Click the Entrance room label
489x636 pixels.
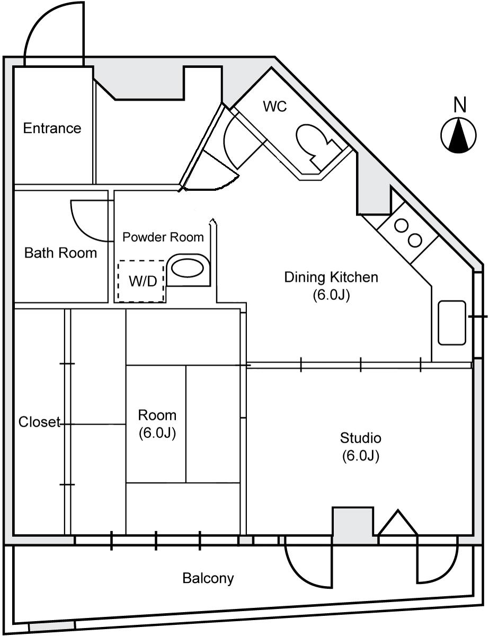pyautogui.click(x=52, y=128)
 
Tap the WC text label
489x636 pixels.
pyautogui.click(x=275, y=107)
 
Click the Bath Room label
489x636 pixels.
pyautogui.click(x=60, y=253)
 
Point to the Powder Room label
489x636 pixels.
pyautogui.click(x=163, y=237)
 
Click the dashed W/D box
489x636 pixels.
pyautogui.click(x=141, y=281)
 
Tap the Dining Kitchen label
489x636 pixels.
pyautogui.click(x=331, y=277)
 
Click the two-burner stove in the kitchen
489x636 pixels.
pyautogui.click(x=408, y=232)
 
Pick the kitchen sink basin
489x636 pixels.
pyautogui.click(x=451, y=323)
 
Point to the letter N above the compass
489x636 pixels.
pyautogui.click(x=459, y=105)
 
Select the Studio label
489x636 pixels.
pyautogui.click(x=360, y=438)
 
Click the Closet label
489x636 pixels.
pyautogui.click(x=39, y=422)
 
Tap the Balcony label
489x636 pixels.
pyautogui.click(x=208, y=578)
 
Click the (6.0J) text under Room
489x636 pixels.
pyautogui.click(x=157, y=434)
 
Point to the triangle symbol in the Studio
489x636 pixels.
pyautogui.click(x=397, y=523)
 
